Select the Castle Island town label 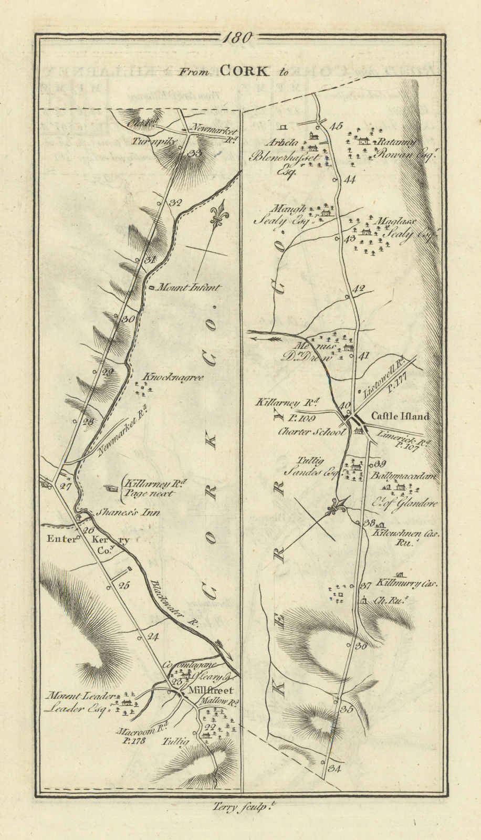click(400, 416)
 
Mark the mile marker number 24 click(153, 637)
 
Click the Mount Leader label click(79, 696)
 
